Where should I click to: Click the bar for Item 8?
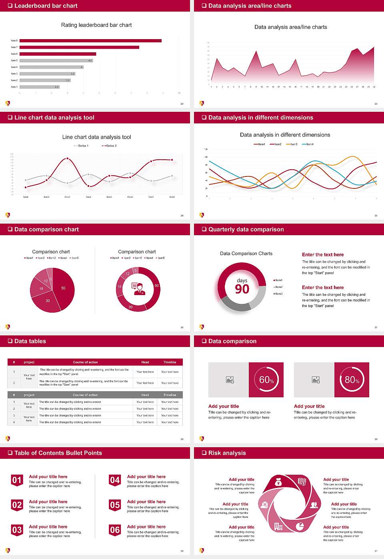[90, 41]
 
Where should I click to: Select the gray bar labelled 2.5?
[39, 87]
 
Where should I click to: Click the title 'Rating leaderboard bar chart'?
[96, 25]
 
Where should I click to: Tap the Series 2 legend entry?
[109, 146]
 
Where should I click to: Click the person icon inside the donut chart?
[138, 289]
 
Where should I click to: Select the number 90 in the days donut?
[242, 289]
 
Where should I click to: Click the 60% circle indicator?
[266, 380]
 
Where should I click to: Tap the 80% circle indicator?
[352, 380]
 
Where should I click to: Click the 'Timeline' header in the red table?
[170, 362]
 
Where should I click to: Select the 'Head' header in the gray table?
[145, 395]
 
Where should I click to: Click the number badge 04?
[115, 480]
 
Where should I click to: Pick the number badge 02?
[17, 505]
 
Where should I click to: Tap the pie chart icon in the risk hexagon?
[300, 527]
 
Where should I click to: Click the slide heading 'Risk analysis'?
[227, 453]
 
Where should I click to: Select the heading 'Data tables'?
[30, 341]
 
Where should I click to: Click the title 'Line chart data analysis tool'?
[96, 137]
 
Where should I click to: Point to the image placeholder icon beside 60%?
[230, 380]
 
